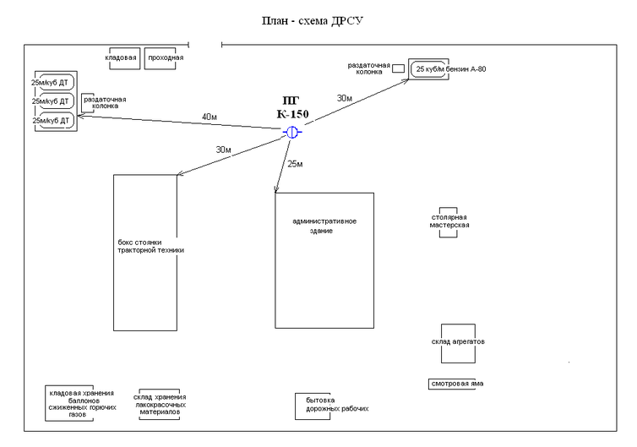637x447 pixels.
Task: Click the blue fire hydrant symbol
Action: (x=291, y=133)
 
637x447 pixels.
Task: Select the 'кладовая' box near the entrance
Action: (x=121, y=57)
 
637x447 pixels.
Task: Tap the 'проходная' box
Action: (x=165, y=57)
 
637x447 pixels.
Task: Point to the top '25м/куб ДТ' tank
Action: (x=52, y=83)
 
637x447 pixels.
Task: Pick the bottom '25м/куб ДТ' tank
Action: (x=52, y=121)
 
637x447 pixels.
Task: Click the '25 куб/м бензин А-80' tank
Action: (x=449, y=68)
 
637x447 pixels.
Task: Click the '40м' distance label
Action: (x=210, y=116)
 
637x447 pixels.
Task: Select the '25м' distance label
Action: (x=295, y=162)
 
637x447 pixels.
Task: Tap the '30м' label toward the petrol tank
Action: (x=345, y=98)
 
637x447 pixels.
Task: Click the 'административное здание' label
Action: (x=324, y=226)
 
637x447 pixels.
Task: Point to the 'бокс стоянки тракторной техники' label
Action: (x=150, y=247)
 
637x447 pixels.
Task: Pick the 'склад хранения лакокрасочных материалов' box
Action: (x=160, y=404)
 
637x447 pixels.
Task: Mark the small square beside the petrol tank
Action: (x=399, y=68)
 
